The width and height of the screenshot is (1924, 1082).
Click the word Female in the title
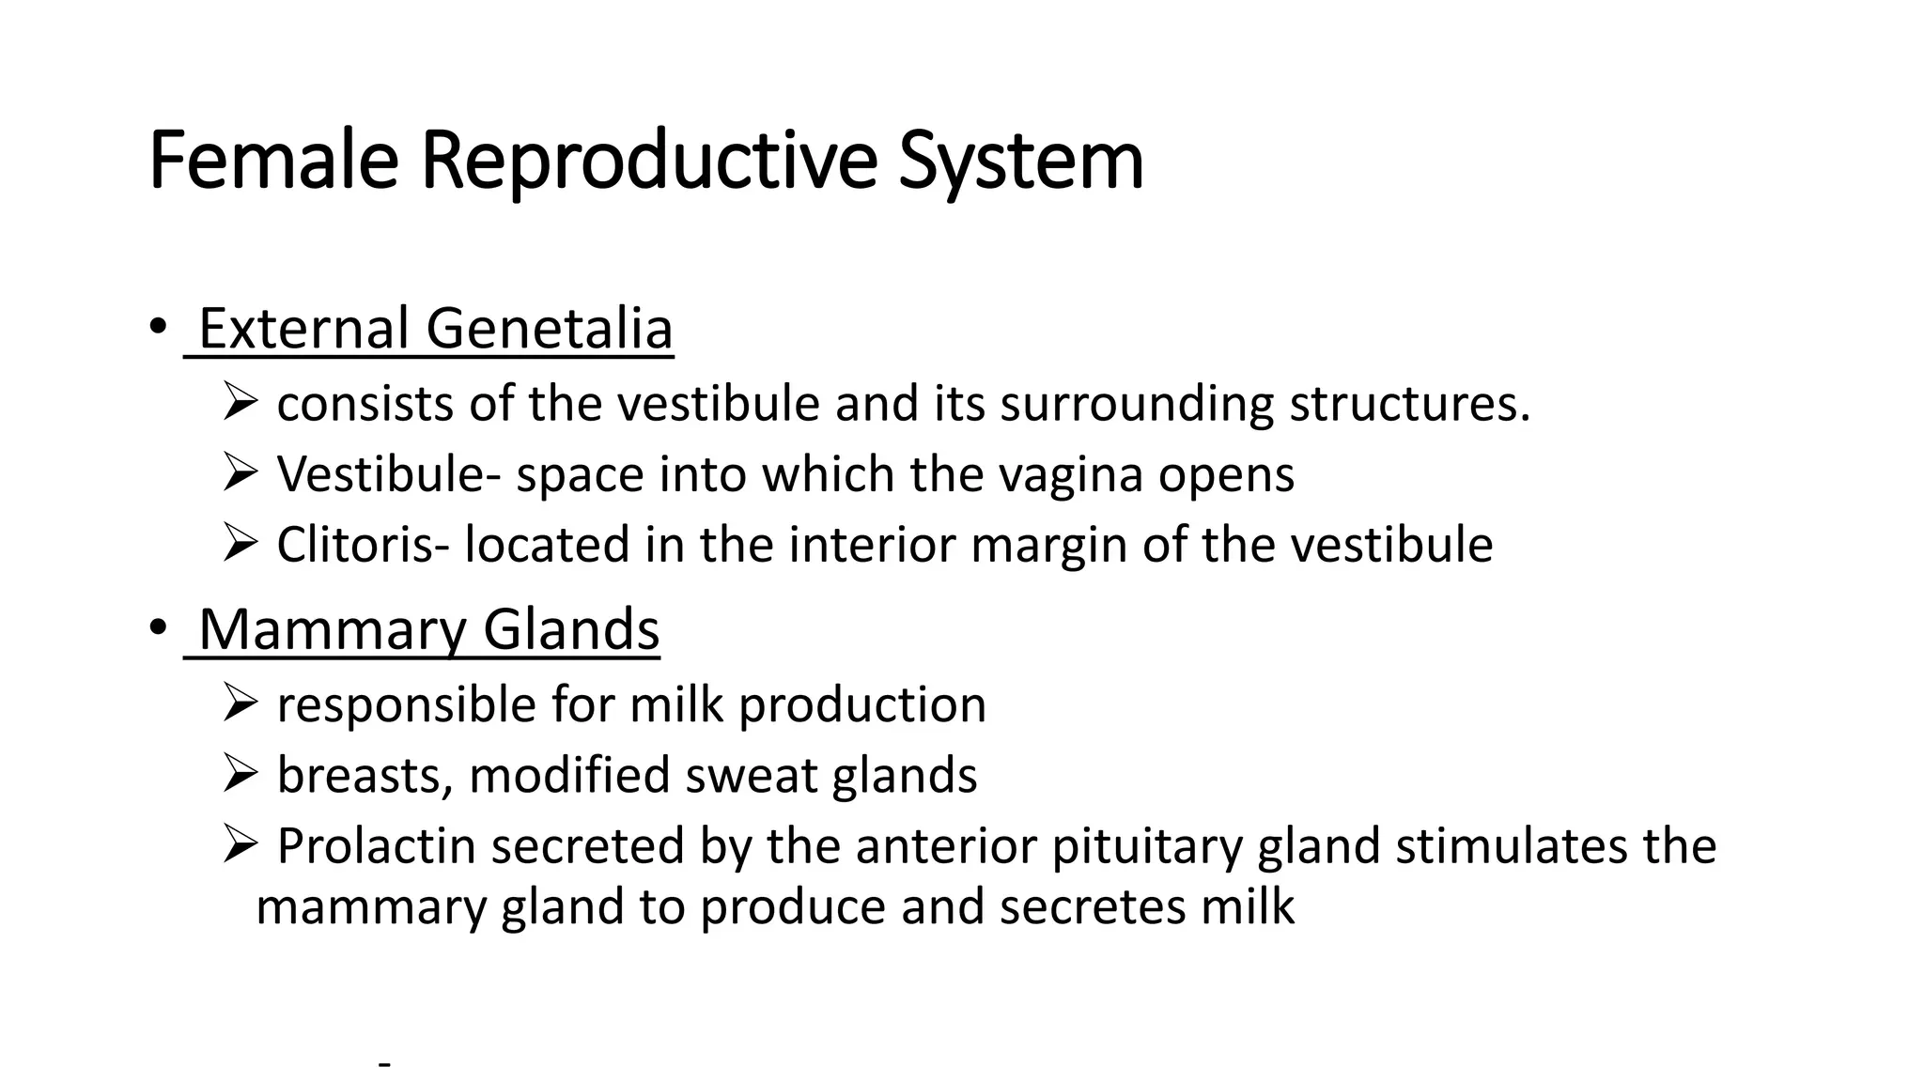[x=272, y=161]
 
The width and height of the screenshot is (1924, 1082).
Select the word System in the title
[x=1020, y=161]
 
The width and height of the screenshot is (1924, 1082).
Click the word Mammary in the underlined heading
[x=332, y=629]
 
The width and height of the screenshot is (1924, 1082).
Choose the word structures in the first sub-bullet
[x=1409, y=405]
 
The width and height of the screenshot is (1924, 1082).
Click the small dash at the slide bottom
[x=383, y=1065]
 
